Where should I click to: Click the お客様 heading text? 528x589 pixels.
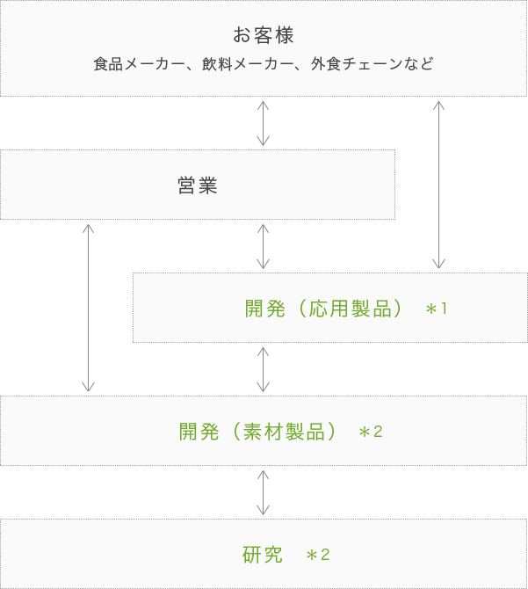coord(264,36)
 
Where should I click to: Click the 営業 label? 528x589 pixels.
coord(197,185)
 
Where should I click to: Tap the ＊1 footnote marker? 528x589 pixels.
coord(437,309)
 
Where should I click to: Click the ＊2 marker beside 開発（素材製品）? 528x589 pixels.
coord(371,432)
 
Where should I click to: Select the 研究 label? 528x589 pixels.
coord(263,555)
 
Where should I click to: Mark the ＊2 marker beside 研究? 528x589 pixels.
coord(317,555)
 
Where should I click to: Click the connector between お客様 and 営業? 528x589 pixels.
coord(263,123)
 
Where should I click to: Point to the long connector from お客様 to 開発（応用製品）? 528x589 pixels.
coord(438,185)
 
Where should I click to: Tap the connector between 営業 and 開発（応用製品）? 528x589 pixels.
coord(263,246)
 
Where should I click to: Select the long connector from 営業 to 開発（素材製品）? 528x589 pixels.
coord(88,308)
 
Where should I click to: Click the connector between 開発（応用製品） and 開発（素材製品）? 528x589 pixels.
coord(263,369)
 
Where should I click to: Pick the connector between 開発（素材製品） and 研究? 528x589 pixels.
coord(263,492)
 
